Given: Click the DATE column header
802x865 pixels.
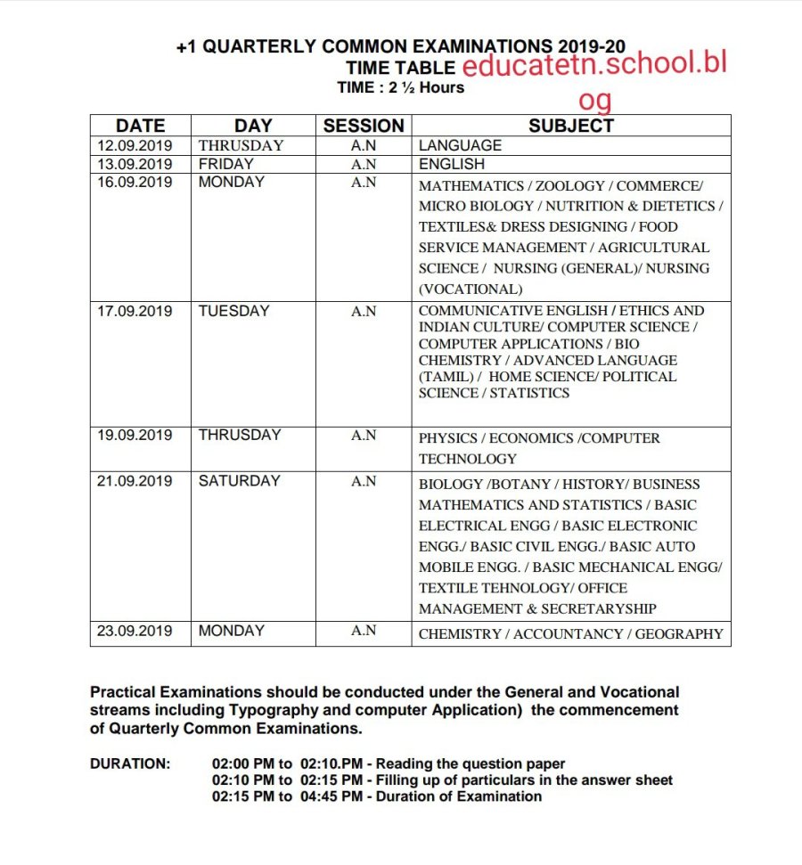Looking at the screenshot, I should pos(140,126).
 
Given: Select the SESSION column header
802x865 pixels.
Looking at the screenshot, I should pos(364,126).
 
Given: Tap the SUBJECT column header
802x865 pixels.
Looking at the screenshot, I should pos(571,126).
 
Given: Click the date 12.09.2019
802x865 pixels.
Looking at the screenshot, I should pos(135,145).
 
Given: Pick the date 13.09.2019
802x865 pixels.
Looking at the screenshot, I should pos(135,164).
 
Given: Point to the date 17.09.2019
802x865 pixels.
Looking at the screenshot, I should pos(135,312).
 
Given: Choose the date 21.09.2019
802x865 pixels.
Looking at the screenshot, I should pos(135,481).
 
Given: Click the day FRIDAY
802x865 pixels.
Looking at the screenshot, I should pos(225,164).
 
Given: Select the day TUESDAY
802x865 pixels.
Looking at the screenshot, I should pos(233,312).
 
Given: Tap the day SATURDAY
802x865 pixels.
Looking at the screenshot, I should pos(239,481).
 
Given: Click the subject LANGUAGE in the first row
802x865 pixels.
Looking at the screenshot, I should pos(460,145).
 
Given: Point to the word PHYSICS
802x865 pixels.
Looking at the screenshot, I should pos(449,438).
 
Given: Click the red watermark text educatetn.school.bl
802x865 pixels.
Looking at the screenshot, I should pos(595,66).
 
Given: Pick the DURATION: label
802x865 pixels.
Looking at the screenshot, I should pos(129,764).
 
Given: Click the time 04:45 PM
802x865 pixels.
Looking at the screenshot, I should pos(331,796).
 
